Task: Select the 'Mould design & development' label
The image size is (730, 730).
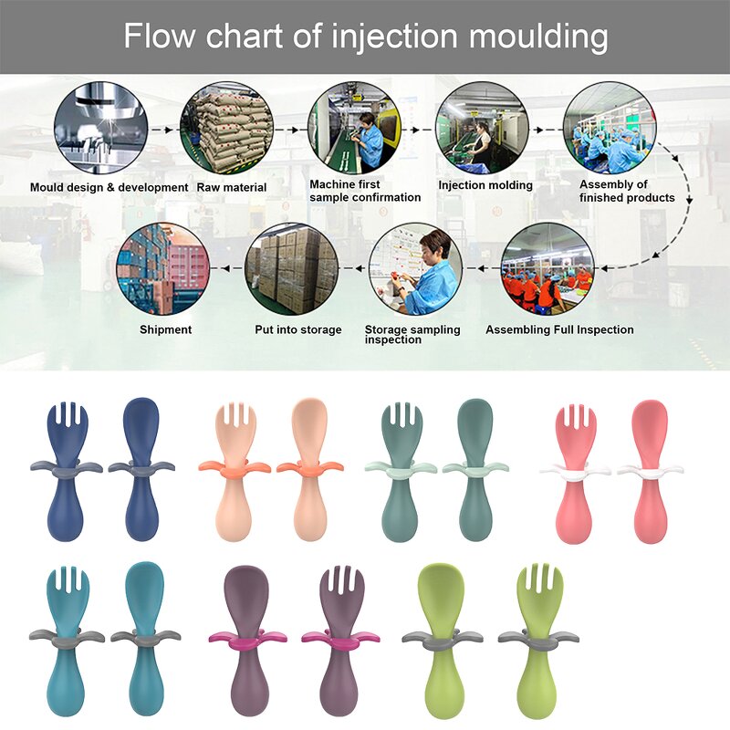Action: (x=109, y=187)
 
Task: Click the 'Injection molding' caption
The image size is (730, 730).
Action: (x=485, y=185)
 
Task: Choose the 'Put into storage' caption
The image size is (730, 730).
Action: (x=298, y=329)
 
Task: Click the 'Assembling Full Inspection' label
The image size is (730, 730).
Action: (x=559, y=329)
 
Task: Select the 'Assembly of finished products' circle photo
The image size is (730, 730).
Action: (x=609, y=128)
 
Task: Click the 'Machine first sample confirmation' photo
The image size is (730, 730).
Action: (x=356, y=128)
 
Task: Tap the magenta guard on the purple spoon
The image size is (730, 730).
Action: (x=241, y=636)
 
